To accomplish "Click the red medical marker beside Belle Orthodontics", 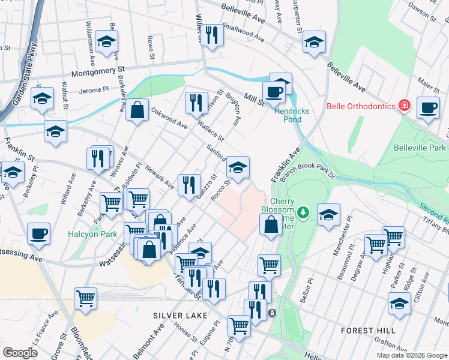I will click(x=405, y=107).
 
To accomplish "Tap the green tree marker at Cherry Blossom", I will click(x=303, y=212).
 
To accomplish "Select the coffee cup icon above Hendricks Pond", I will click(x=274, y=92).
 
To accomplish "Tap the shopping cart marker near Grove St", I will click(x=86, y=297).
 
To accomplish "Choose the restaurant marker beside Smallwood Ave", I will click(x=211, y=35).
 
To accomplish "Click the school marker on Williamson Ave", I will click(x=106, y=41).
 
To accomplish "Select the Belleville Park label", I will click(x=420, y=148).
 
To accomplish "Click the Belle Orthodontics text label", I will click(x=361, y=107).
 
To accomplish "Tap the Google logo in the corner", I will click(x=20, y=352).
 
